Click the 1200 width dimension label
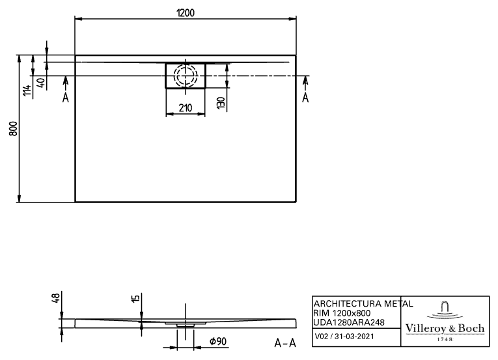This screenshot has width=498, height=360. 186,13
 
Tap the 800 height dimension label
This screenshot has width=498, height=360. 13,129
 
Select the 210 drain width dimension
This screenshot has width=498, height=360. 185,108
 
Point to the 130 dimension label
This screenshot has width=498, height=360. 221,104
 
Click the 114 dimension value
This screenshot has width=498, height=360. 27,90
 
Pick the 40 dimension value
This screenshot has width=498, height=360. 41,83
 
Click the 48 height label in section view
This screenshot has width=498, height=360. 55,298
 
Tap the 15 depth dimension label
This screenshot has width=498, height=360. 135,298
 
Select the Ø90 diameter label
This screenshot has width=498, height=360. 218,342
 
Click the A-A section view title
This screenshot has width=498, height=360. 285,343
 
